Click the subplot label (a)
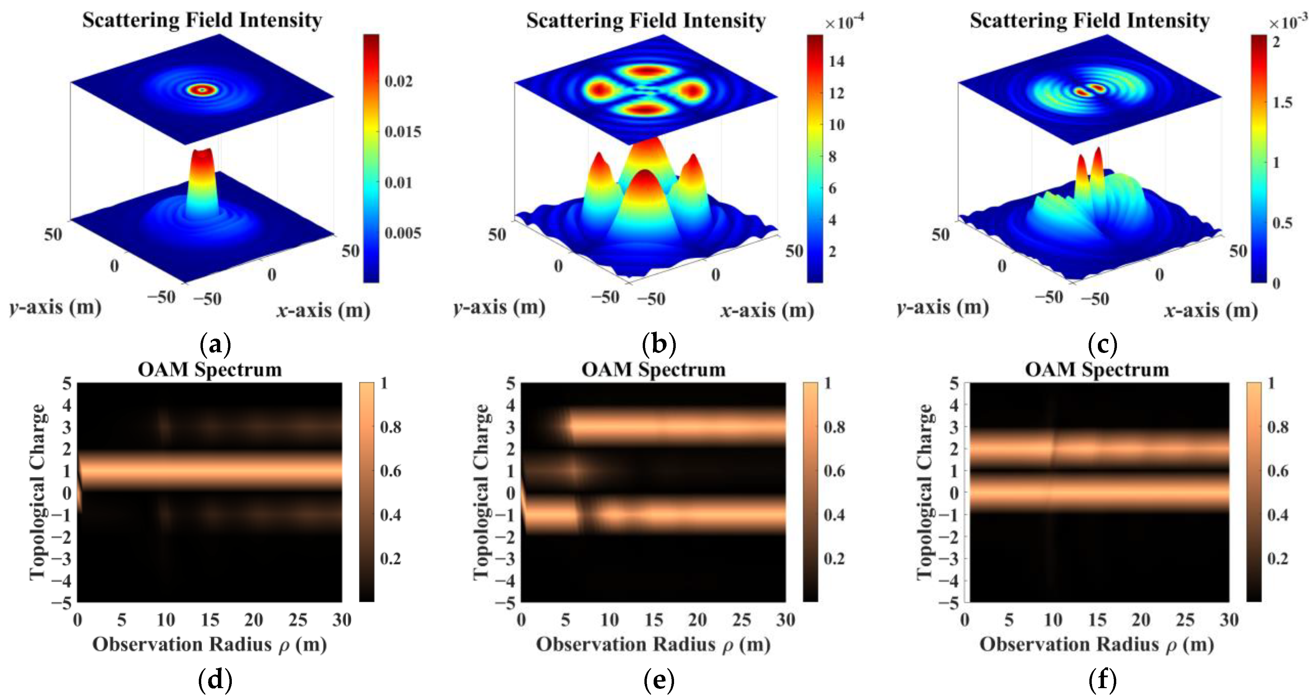click(215, 345)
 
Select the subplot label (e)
click(659, 680)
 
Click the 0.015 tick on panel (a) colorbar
click(402, 132)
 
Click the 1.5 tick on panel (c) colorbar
click(1282, 102)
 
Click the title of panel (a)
click(202, 20)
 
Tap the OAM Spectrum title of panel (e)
click(654, 370)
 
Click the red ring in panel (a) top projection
click(203, 90)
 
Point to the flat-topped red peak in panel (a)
click(203, 153)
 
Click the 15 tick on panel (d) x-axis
click(209, 620)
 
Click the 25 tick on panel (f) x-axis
click(1185, 620)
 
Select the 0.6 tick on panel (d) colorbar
click(391, 470)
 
